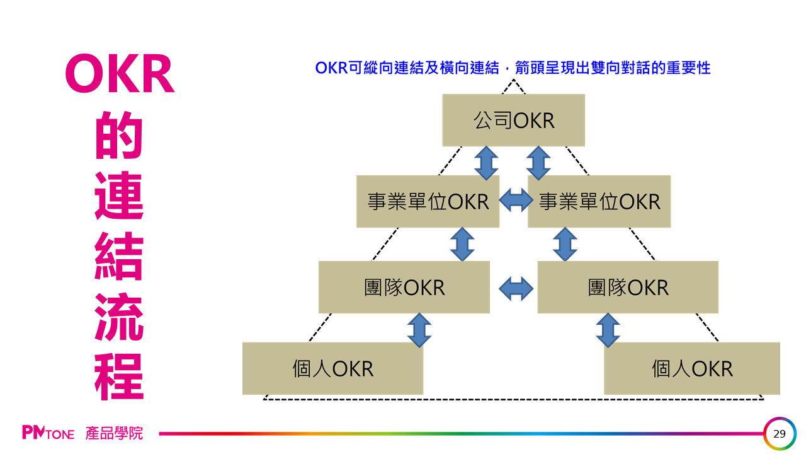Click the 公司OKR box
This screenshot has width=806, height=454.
[513, 120]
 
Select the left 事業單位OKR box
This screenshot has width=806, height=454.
[428, 201]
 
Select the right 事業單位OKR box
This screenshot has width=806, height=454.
[599, 201]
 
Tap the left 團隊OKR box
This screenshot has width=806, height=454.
[404, 287]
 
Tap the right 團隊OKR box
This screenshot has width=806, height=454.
[627, 287]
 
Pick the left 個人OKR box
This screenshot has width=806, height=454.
[332, 368]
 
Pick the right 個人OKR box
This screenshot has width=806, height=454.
[692, 368]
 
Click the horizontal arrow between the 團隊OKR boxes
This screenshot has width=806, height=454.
[516, 289]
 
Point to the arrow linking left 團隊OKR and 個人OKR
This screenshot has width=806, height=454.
[419, 330]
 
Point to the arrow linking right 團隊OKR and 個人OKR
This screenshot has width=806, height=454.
[608, 330]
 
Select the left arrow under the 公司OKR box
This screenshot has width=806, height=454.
[486, 163]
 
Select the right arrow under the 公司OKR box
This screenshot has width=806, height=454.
[538, 163]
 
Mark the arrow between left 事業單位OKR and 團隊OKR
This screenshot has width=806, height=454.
[462, 244]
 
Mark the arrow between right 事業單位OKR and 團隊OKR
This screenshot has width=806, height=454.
[565, 244]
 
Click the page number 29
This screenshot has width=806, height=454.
[780, 434]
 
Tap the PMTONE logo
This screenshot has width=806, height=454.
[48, 433]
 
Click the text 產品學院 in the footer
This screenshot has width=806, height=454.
[114, 433]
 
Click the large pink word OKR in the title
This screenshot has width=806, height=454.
[120, 74]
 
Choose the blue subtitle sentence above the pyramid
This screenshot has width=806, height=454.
[513, 68]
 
